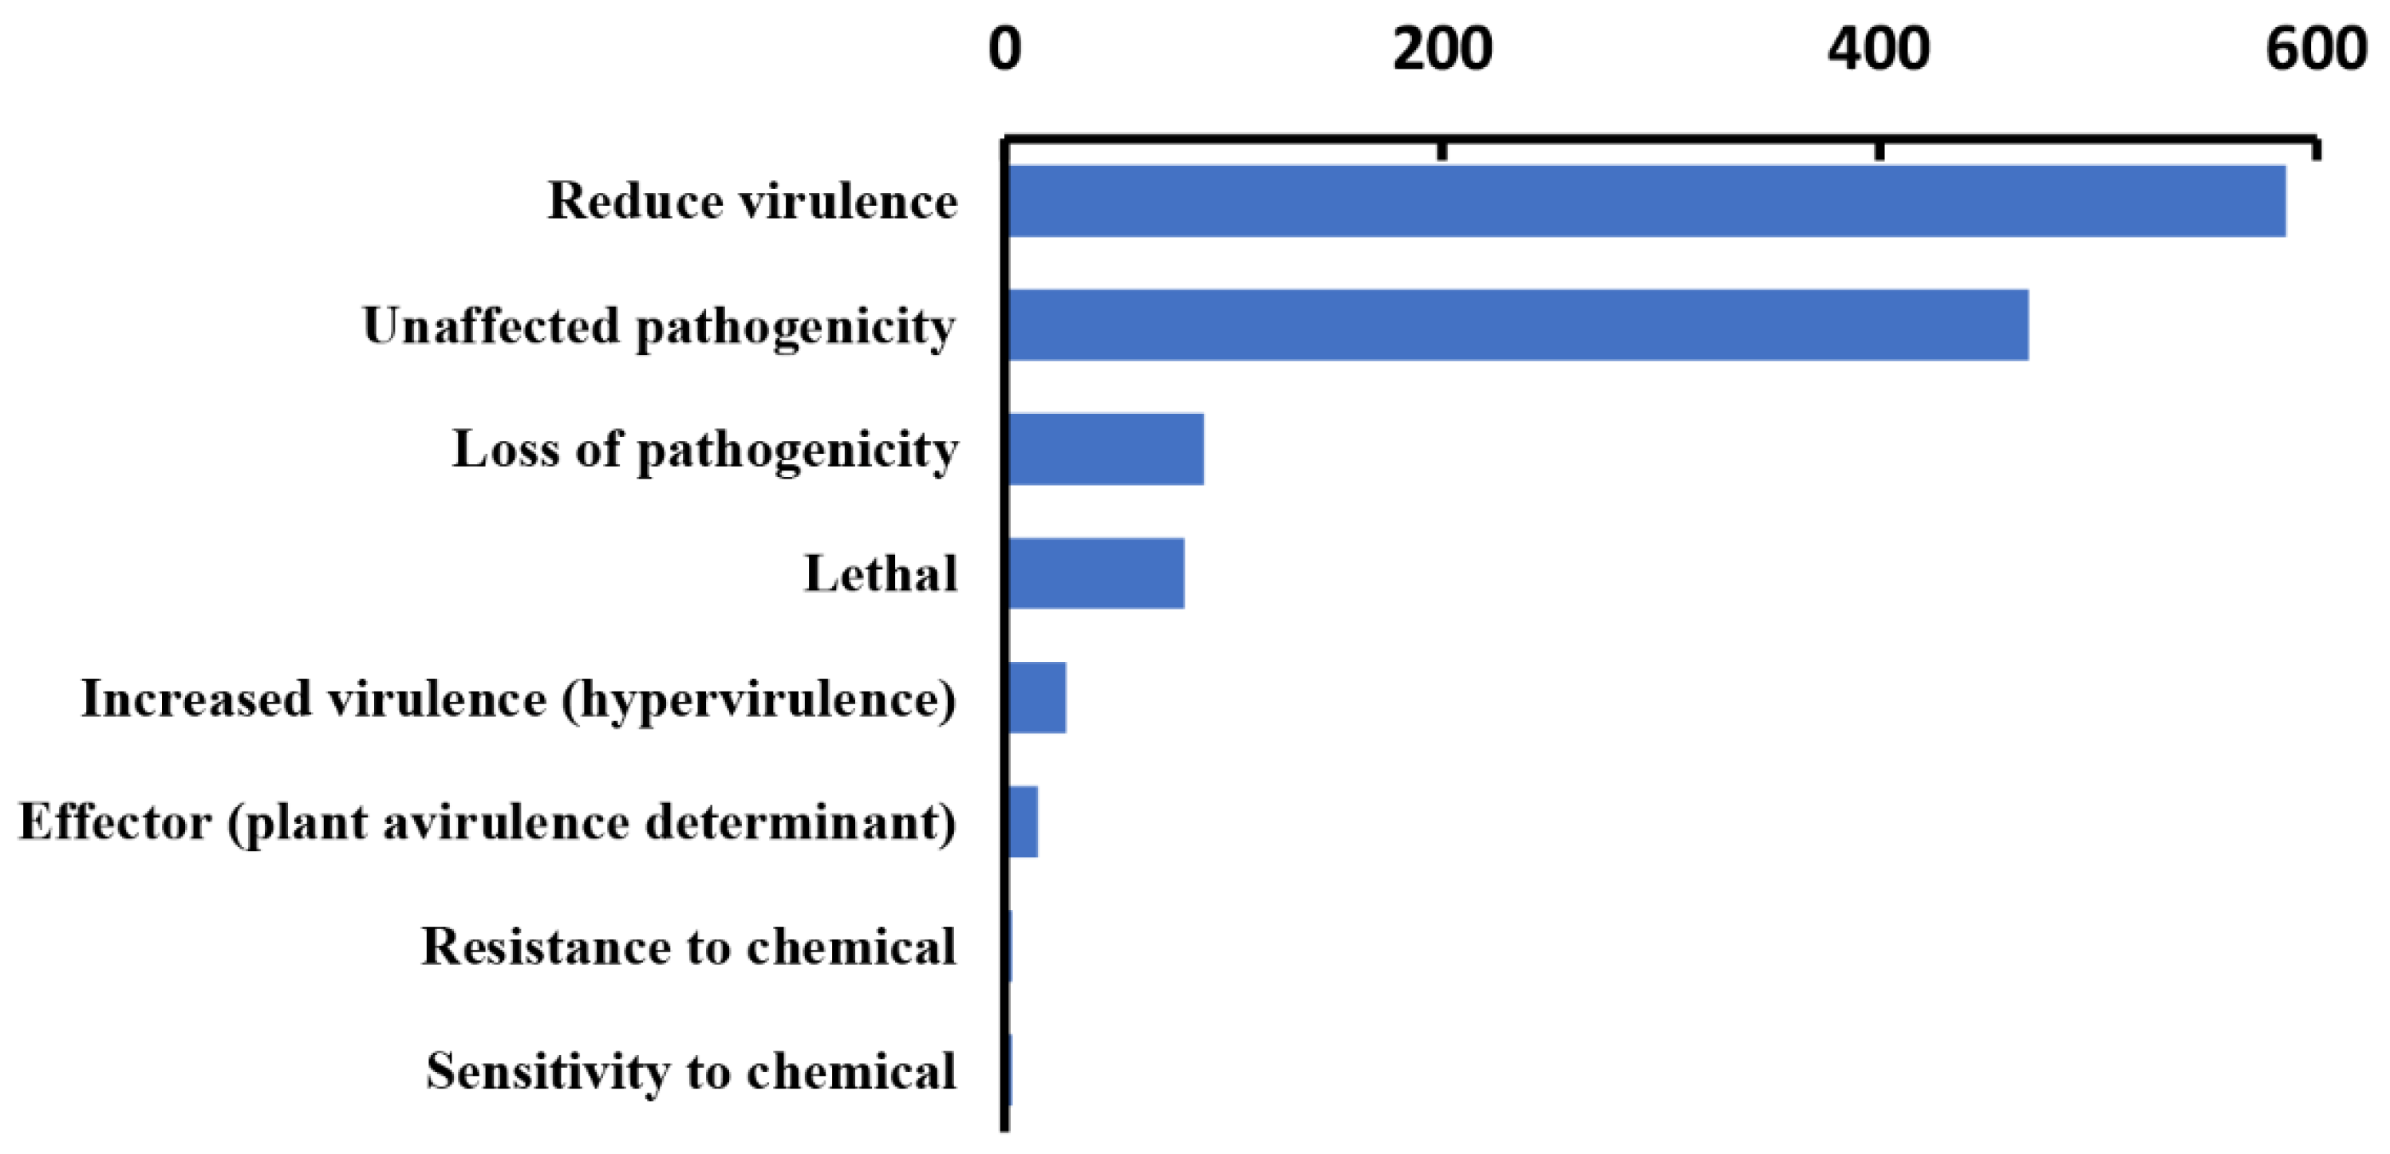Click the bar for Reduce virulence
tap(1646, 201)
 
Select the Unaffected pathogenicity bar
tap(1518, 325)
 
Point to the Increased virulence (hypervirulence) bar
tap(1037, 698)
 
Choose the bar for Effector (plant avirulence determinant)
tap(1023, 822)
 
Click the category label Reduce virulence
tap(752, 201)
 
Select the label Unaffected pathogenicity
tap(659, 326)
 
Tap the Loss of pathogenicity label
tap(705, 451)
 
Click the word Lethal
tap(881, 573)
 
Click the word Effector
tap(115, 822)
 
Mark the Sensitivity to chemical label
tap(691, 1071)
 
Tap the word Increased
tap(195, 698)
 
